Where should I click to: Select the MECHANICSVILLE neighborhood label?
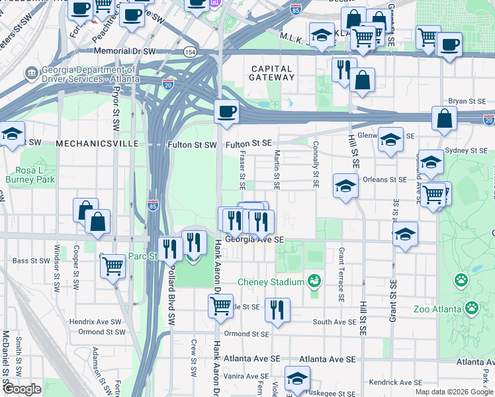[97, 144]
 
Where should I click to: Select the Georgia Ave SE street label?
[255, 240]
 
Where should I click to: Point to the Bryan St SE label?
[467, 101]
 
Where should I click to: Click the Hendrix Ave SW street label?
[95, 322]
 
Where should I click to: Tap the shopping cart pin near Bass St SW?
[113, 266]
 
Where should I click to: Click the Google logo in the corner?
[22, 389]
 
